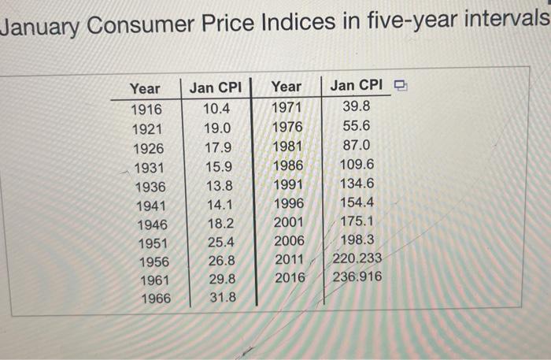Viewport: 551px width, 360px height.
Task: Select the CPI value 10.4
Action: (x=217, y=109)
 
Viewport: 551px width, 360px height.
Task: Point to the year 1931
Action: (x=149, y=167)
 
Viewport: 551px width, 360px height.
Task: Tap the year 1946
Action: (x=150, y=224)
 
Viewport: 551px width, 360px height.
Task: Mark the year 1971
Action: (x=286, y=107)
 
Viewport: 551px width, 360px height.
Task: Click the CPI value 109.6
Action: (x=357, y=164)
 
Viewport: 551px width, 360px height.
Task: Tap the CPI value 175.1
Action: (x=357, y=221)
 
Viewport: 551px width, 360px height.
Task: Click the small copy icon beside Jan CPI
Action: (x=401, y=85)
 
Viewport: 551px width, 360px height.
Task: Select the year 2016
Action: (x=290, y=277)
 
